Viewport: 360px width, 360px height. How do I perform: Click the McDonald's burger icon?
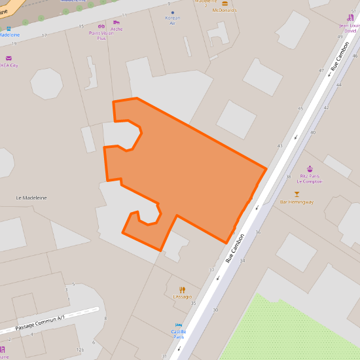coord(225,3)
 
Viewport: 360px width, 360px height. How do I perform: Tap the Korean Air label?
coord(173,20)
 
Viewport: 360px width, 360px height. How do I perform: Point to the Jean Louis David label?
coord(350,28)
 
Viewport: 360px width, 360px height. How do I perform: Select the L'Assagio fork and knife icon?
coord(182,290)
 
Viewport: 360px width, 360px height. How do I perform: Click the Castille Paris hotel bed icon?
coord(178,325)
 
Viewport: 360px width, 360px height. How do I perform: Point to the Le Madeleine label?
coord(31,198)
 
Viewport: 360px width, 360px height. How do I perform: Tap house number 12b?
coord(80,350)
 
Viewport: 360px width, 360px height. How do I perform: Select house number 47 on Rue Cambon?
coord(321,70)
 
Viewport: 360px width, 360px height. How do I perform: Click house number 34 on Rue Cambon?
coord(242,261)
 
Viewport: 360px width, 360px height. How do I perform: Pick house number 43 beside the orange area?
coord(279,145)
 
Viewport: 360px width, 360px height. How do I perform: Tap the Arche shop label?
coord(117,29)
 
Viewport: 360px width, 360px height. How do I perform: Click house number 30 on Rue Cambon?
coord(215,310)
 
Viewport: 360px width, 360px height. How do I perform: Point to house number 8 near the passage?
coord(105,318)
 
